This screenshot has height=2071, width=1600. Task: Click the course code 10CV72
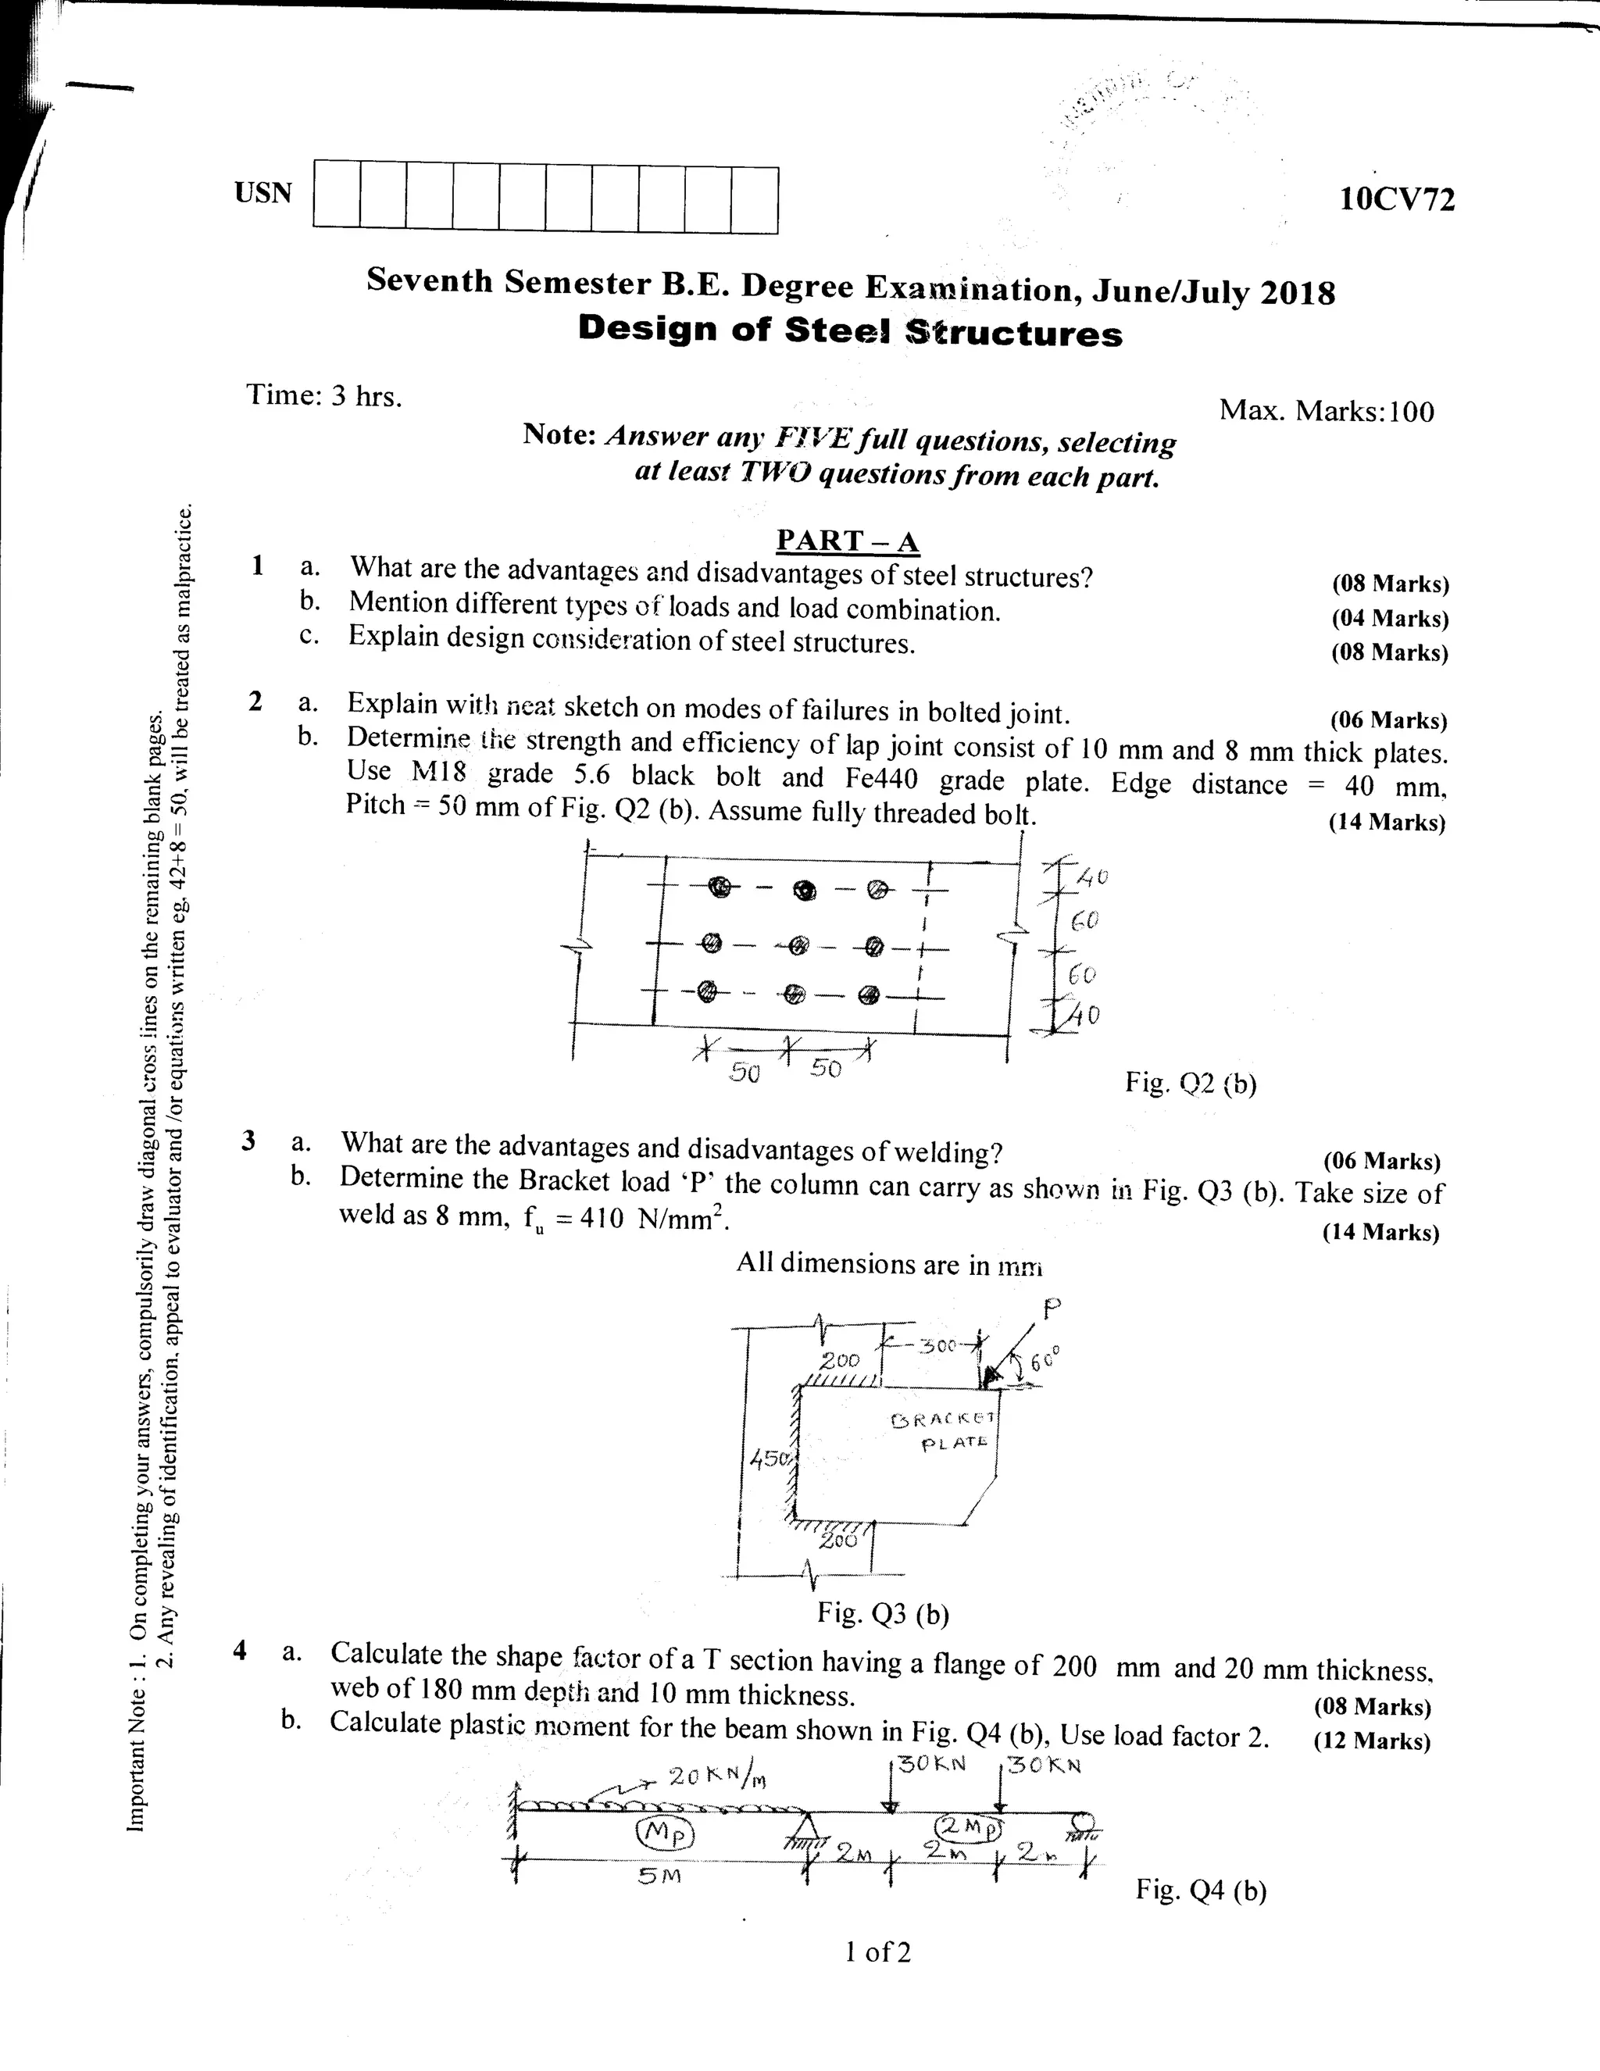tap(1396, 200)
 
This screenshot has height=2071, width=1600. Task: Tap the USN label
tap(262, 192)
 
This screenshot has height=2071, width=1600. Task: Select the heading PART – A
tap(847, 541)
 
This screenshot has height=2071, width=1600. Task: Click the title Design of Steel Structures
tap(850, 331)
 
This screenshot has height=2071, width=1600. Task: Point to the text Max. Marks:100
tap(1326, 411)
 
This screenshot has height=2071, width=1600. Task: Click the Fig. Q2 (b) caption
tap(1191, 1082)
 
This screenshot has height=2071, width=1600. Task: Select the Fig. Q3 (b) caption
tap(883, 1613)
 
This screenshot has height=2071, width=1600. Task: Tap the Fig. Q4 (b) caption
tap(1201, 1891)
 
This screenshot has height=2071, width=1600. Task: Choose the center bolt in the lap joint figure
tap(798, 944)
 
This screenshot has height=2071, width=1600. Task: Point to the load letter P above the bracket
tap(1050, 1309)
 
